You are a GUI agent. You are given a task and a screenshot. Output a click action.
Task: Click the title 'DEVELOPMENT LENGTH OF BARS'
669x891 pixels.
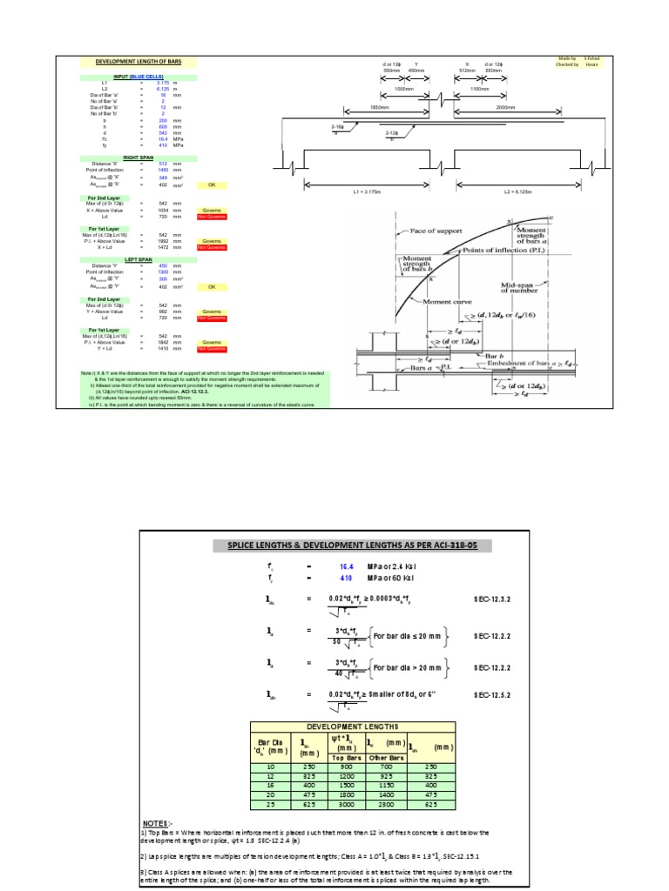tap(139, 63)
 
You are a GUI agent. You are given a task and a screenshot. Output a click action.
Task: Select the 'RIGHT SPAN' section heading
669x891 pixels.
tap(139, 158)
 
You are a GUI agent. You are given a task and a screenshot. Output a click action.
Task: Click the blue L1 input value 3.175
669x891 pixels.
tap(163, 83)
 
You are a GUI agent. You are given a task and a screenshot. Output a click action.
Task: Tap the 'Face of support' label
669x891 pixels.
tap(436, 232)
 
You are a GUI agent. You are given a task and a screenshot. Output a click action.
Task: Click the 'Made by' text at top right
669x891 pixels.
tap(569, 58)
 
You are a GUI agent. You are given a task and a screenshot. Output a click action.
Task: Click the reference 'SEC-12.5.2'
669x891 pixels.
tap(492, 696)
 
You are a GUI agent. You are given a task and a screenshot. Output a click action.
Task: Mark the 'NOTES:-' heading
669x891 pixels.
tap(159, 822)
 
